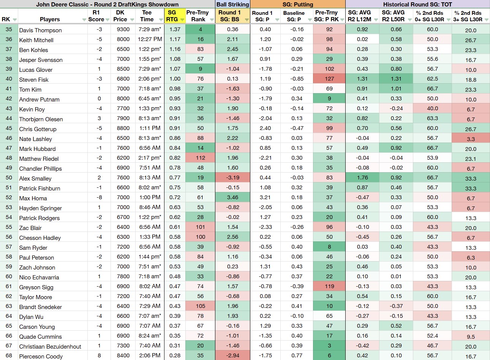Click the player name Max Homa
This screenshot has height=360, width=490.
point(33,198)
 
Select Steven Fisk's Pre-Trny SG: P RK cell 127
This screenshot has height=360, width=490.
point(329,79)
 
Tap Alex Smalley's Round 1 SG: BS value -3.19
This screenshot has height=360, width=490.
point(232,178)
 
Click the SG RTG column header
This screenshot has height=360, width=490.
point(172,16)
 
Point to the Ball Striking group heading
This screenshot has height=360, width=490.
point(232,5)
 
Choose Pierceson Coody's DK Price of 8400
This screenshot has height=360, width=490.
point(123,355)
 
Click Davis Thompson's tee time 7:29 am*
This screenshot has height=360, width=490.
point(150,29)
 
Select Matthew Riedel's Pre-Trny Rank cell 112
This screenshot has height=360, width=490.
point(201,158)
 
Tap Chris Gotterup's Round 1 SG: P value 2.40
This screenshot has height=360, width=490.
point(265,128)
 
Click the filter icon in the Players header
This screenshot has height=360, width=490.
point(84,20)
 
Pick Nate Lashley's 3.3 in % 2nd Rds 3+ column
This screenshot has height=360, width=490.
point(471,139)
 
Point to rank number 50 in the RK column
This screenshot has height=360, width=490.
point(9,178)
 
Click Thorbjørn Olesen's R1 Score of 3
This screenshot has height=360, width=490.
point(99,118)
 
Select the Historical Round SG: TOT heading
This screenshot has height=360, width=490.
point(417,5)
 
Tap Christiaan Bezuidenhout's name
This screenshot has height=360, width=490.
point(50,346)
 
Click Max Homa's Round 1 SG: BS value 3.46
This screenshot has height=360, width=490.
point(232,197)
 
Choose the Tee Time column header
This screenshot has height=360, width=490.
point(147,16)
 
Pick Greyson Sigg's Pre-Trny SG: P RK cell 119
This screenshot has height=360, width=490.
point(329,286)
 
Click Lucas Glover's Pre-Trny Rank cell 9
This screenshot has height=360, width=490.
point(201,69)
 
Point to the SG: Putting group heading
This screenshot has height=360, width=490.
point(297,5)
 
